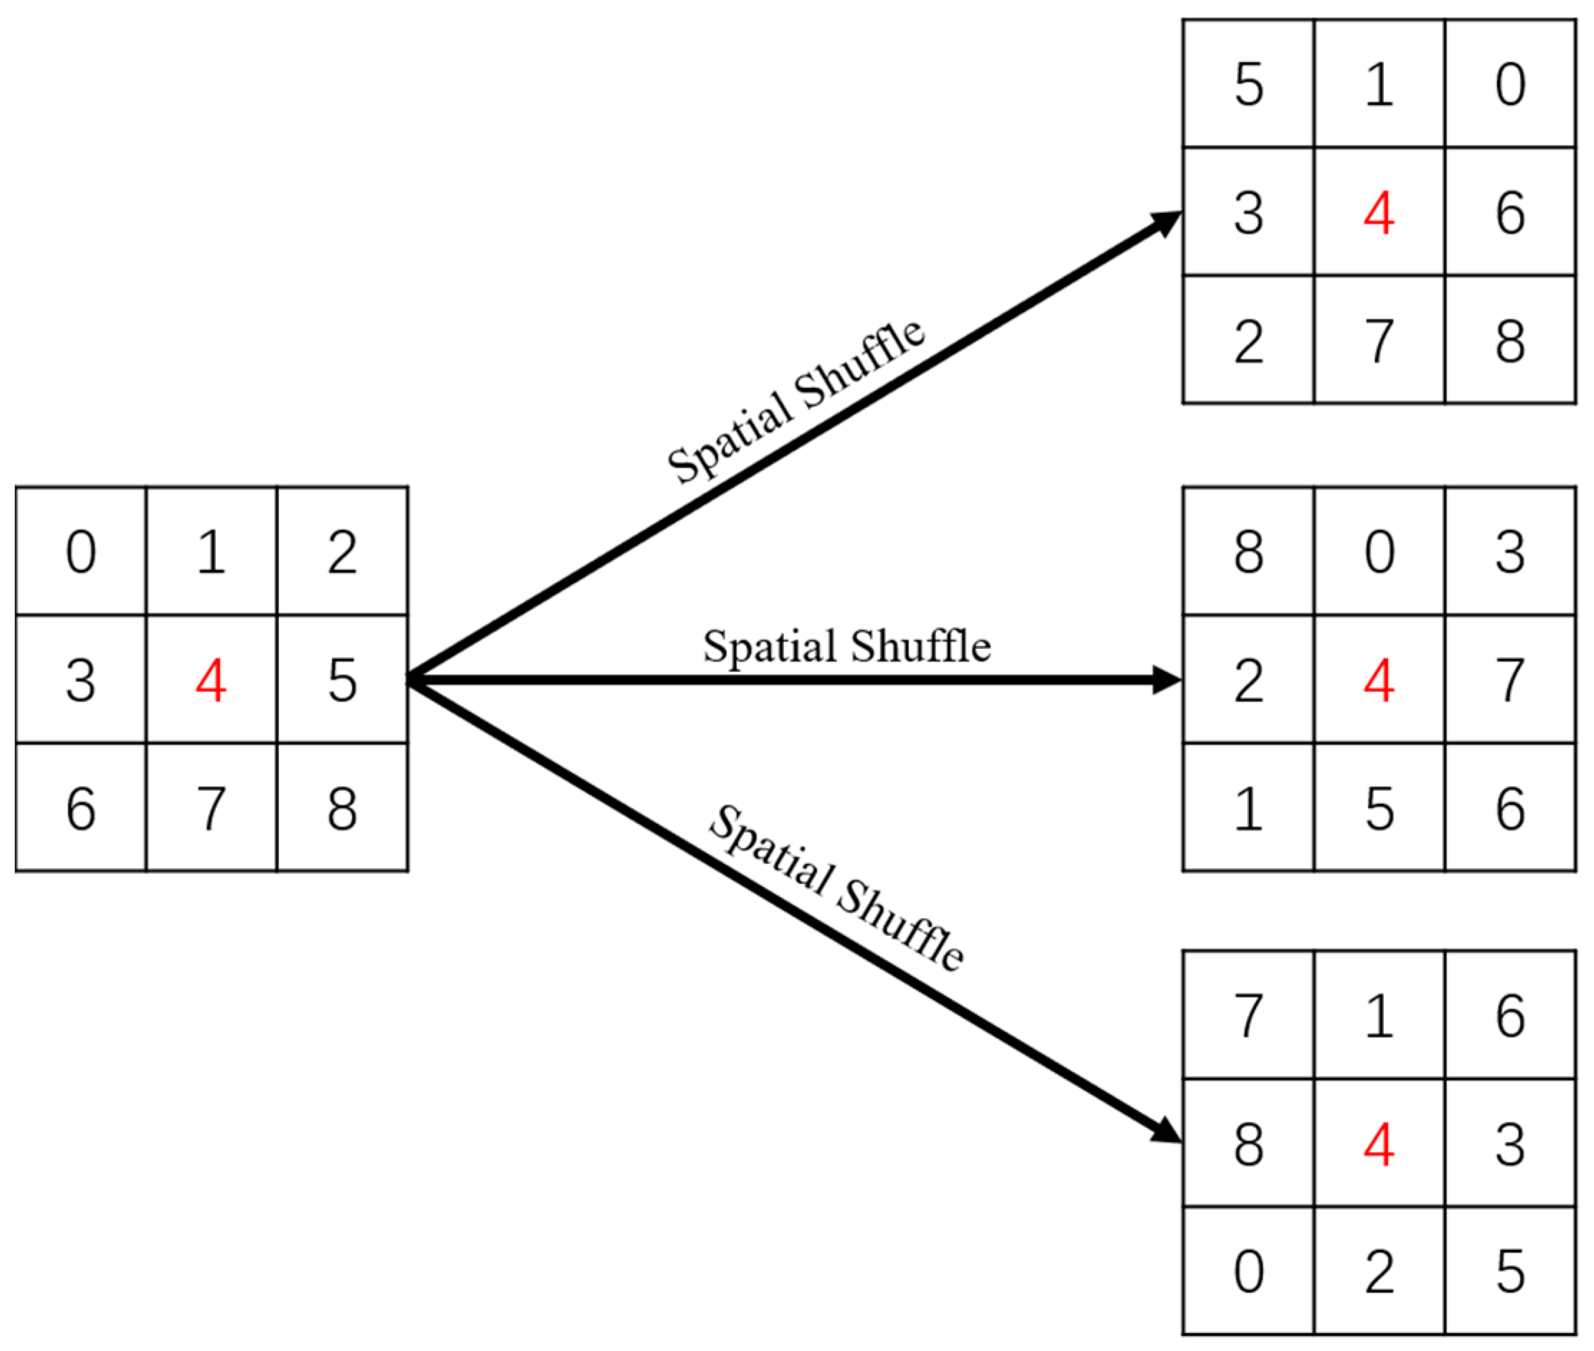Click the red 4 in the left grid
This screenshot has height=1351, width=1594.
(211, 680)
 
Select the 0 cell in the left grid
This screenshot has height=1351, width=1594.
(81, 551)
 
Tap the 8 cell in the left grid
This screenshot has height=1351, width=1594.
(341, 809)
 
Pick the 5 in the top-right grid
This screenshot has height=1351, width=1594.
(1248, 83)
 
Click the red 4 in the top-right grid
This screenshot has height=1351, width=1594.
(1379, 212)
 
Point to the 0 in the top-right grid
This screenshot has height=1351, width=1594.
(1510, 83)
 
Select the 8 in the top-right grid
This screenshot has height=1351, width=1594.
(1510, 341)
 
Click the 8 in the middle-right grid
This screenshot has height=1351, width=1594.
(1248, 551)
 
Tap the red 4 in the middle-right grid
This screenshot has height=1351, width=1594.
(1379, 680)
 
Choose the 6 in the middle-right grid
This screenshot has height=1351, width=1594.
(1510, 809)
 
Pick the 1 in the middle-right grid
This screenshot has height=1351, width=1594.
(1248, 809)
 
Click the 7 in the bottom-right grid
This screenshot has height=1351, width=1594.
(1248, 1016)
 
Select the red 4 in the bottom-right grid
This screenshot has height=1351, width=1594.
(1379, 1145)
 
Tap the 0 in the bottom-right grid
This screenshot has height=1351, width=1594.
(1248, 1272)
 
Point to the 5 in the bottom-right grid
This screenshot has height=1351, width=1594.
(1510, 1272)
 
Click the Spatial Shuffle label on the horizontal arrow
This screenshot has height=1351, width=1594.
(846, 646)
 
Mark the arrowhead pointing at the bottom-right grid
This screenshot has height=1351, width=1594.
(1166, 1132)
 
